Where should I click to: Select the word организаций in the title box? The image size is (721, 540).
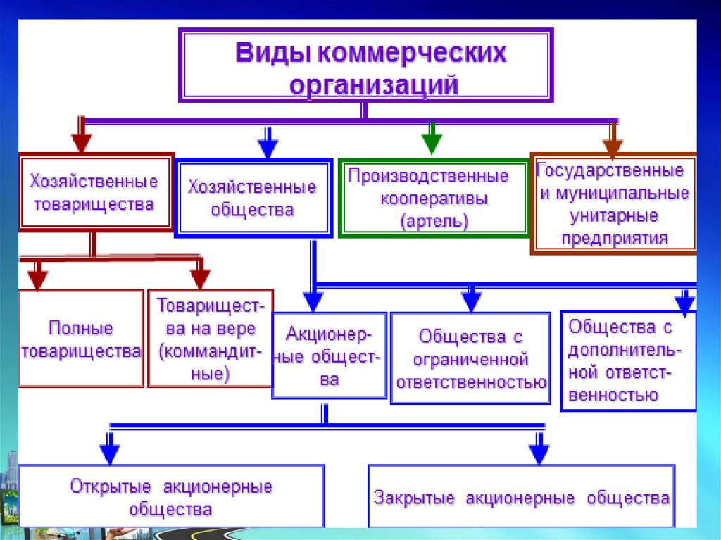click(374, 84)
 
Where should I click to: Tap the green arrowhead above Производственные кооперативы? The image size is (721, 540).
click(432, 144)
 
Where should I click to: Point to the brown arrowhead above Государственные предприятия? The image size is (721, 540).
click(613, 147)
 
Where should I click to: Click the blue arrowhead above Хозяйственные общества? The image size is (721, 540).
click(268, 148)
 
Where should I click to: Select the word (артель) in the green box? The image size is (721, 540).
click(434, 222)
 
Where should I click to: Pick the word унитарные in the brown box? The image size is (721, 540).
click(614, 215)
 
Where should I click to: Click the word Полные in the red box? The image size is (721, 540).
click(81, 328)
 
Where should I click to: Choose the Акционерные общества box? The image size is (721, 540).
click(330, 356)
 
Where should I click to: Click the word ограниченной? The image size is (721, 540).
click(470, 360)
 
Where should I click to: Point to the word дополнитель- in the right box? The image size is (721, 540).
click(625, 351)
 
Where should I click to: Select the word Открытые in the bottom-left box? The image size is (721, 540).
click(111, 486)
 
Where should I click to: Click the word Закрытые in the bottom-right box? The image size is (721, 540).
click(414, 498)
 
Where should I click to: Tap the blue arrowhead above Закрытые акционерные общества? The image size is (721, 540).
click(539, 454)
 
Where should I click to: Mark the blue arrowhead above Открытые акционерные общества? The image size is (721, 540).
click(109, 454)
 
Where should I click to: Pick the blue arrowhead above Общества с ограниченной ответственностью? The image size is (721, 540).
click(471, 302)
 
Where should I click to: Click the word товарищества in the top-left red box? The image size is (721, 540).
click(94, 204)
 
